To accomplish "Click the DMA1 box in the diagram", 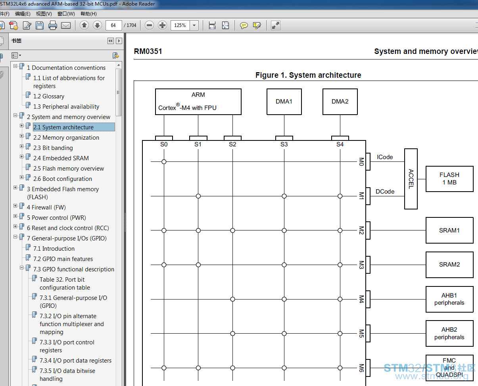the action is click(284, 102).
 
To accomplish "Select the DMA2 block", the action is click(340, 102).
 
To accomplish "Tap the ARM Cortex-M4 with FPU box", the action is click(198, 102).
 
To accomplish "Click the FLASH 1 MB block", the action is click(449, 179).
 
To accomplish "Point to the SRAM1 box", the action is click(449, 230).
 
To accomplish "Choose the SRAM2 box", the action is click(449, 265).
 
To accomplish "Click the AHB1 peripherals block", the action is click(449, 299).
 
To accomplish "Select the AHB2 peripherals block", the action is click(449, 334).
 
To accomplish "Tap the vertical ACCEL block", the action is click(411, 179).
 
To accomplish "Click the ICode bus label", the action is click(385, 157).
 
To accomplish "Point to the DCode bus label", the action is click(385, 192).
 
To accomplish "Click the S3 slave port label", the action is click(284, 144).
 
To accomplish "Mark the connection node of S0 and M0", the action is click(164, 161).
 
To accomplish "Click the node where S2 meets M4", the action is click(232, 299).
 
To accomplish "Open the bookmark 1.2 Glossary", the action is click(49, 96).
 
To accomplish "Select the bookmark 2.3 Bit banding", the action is click(53, 148).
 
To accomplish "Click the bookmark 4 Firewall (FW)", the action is click(46, 207).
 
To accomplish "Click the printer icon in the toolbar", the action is click(52, 25).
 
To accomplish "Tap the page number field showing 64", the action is click(113, 25).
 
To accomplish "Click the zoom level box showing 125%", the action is click(180, 25).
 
